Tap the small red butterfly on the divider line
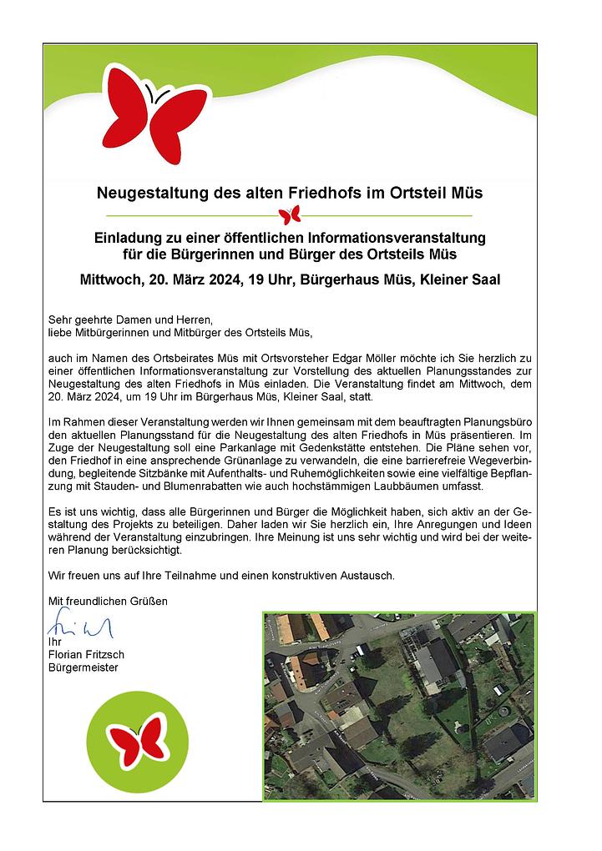tap(290, 216)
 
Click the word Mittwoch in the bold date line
tap(111, 280)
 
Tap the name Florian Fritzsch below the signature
tap(87, 655)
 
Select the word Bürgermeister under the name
tap(83, 667)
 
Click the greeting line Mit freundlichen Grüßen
tap(108, 601)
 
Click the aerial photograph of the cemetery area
tap(399, 706)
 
